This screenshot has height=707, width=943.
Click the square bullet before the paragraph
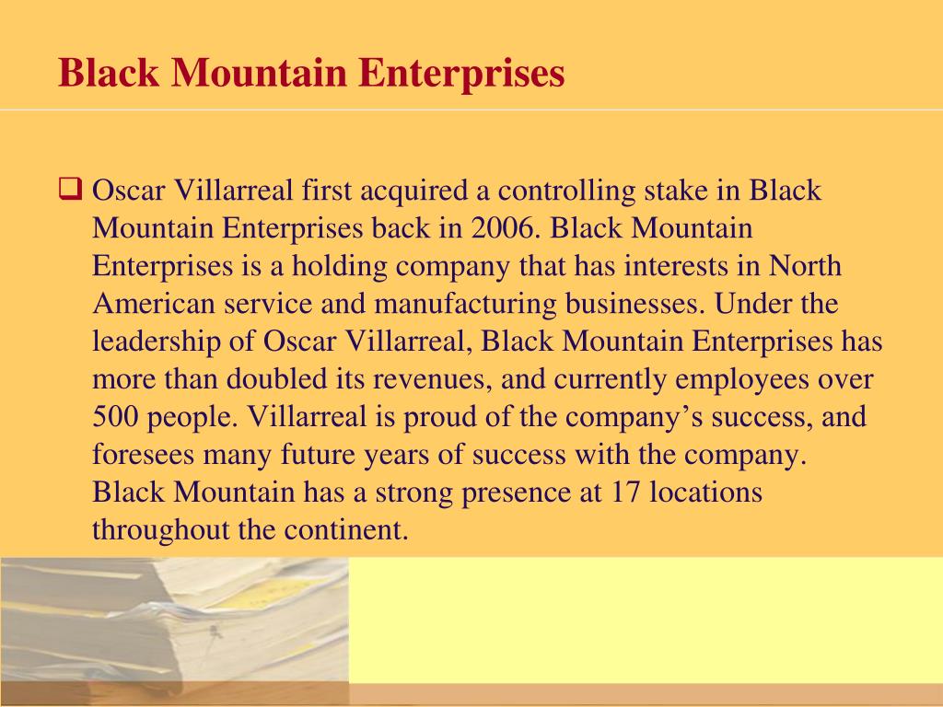(x=70, y=189)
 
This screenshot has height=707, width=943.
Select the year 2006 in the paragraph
(x=503, y=228)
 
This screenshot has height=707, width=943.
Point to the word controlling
(x=566, y=191)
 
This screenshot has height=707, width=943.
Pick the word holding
(x=340, y=267)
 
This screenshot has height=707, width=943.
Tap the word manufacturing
(x=465, y=304)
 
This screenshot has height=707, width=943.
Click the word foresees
(x=144, y=455)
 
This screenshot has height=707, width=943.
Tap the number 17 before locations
(x=625, y=492)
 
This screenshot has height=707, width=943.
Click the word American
(x=154, y=304)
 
